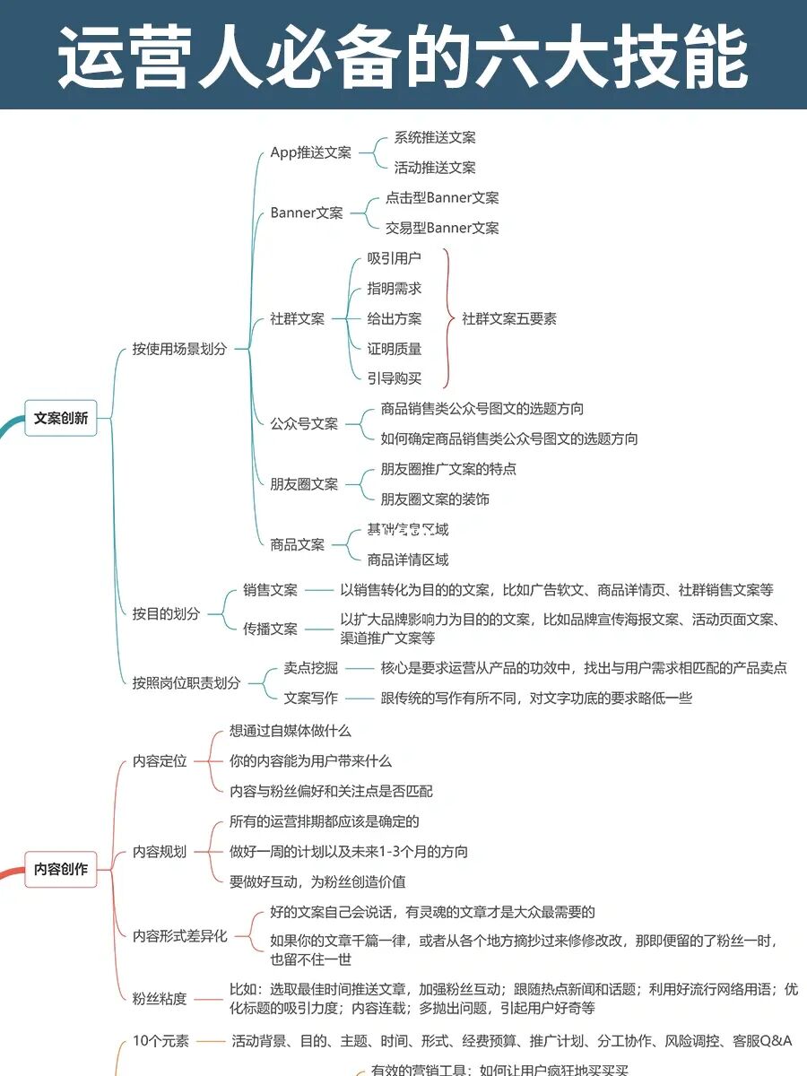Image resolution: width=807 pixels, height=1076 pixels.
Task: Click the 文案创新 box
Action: [x=61, y=418]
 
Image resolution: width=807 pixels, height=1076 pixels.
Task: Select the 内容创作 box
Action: [x=61, y=869]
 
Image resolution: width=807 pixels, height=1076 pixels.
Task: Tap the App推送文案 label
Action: [x=310, y=152]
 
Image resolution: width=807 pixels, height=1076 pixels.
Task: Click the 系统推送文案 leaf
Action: [x=435, y=137]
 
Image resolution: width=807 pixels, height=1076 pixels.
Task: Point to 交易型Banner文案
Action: [x=442, y=228]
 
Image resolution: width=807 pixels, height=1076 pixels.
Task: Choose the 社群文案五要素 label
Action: [x=509, y=318]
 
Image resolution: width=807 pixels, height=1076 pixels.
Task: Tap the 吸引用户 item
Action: [x=394, y=258]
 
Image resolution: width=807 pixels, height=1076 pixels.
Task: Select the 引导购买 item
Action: [x=394, y=378]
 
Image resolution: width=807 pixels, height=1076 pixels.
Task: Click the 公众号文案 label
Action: [x=304, y=423]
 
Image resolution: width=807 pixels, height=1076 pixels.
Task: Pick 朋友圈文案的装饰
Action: [x=435, y=499]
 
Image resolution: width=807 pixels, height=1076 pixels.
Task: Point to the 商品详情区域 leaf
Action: [x=407, y=560]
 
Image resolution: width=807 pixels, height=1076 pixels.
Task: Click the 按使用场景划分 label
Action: [x=179, y=349]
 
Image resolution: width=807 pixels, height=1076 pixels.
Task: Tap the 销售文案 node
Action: [x=270, y=590]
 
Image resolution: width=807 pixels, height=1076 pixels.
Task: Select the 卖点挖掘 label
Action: [x=310, y=667]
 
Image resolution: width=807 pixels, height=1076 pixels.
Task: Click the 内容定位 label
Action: [x=160, y=761]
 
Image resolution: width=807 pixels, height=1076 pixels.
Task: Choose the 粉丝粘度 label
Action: [x=160, y=999]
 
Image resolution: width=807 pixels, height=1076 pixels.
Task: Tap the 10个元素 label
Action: [x=161, y=1041]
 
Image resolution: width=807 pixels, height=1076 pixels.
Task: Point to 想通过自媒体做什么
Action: [x=290, y=731]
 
